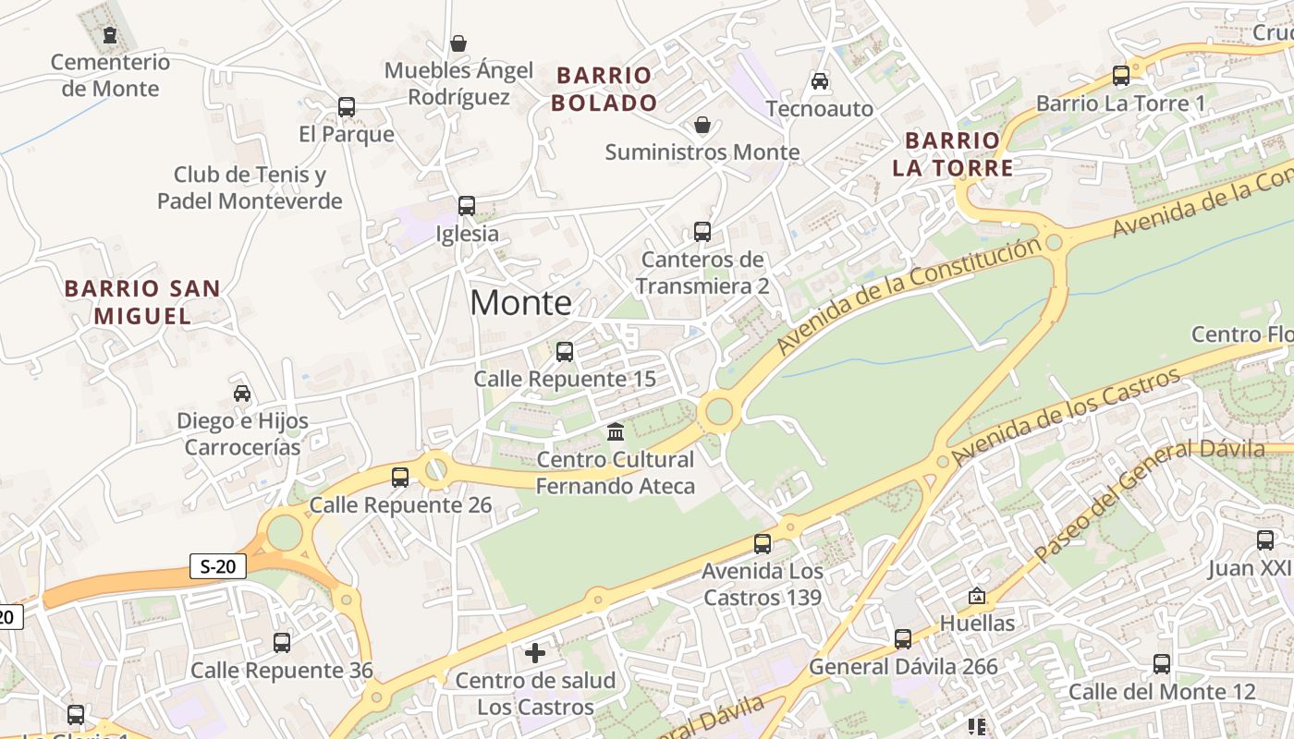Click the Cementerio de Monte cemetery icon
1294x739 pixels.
click(x=110, y=35)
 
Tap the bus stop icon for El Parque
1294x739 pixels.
click(x=347, y=107)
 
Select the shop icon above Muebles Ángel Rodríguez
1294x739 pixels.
click(x=458, y=43)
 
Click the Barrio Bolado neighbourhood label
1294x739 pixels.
click(x=604, y=89)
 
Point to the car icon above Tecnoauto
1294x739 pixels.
click(x=820, y=81)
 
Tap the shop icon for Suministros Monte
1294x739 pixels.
click(x=702, y=125)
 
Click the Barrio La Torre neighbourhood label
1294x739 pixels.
click(x=952, y=154)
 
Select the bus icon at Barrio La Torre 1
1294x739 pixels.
click(x=1121, y=76)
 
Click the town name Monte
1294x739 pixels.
click(x=520, y=303)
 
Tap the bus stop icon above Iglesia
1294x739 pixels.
click(x=467, y=205)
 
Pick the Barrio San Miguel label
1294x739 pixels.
click(x=142, y=302)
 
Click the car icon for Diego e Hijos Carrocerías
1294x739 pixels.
click(x=242, y=394)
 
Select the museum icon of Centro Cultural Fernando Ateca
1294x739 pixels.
click(x=616, y=431)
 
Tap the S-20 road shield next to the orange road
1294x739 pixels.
click(x=218, y=566)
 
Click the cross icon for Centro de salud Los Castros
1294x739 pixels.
click(x=535, y=654)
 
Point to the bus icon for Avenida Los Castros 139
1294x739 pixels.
click(x=763, y=543)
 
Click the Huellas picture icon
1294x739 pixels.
click(x=977, y=596)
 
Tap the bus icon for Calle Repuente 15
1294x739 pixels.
click(x=565, y=352)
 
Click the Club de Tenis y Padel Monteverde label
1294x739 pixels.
click(x=250, y=188)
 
